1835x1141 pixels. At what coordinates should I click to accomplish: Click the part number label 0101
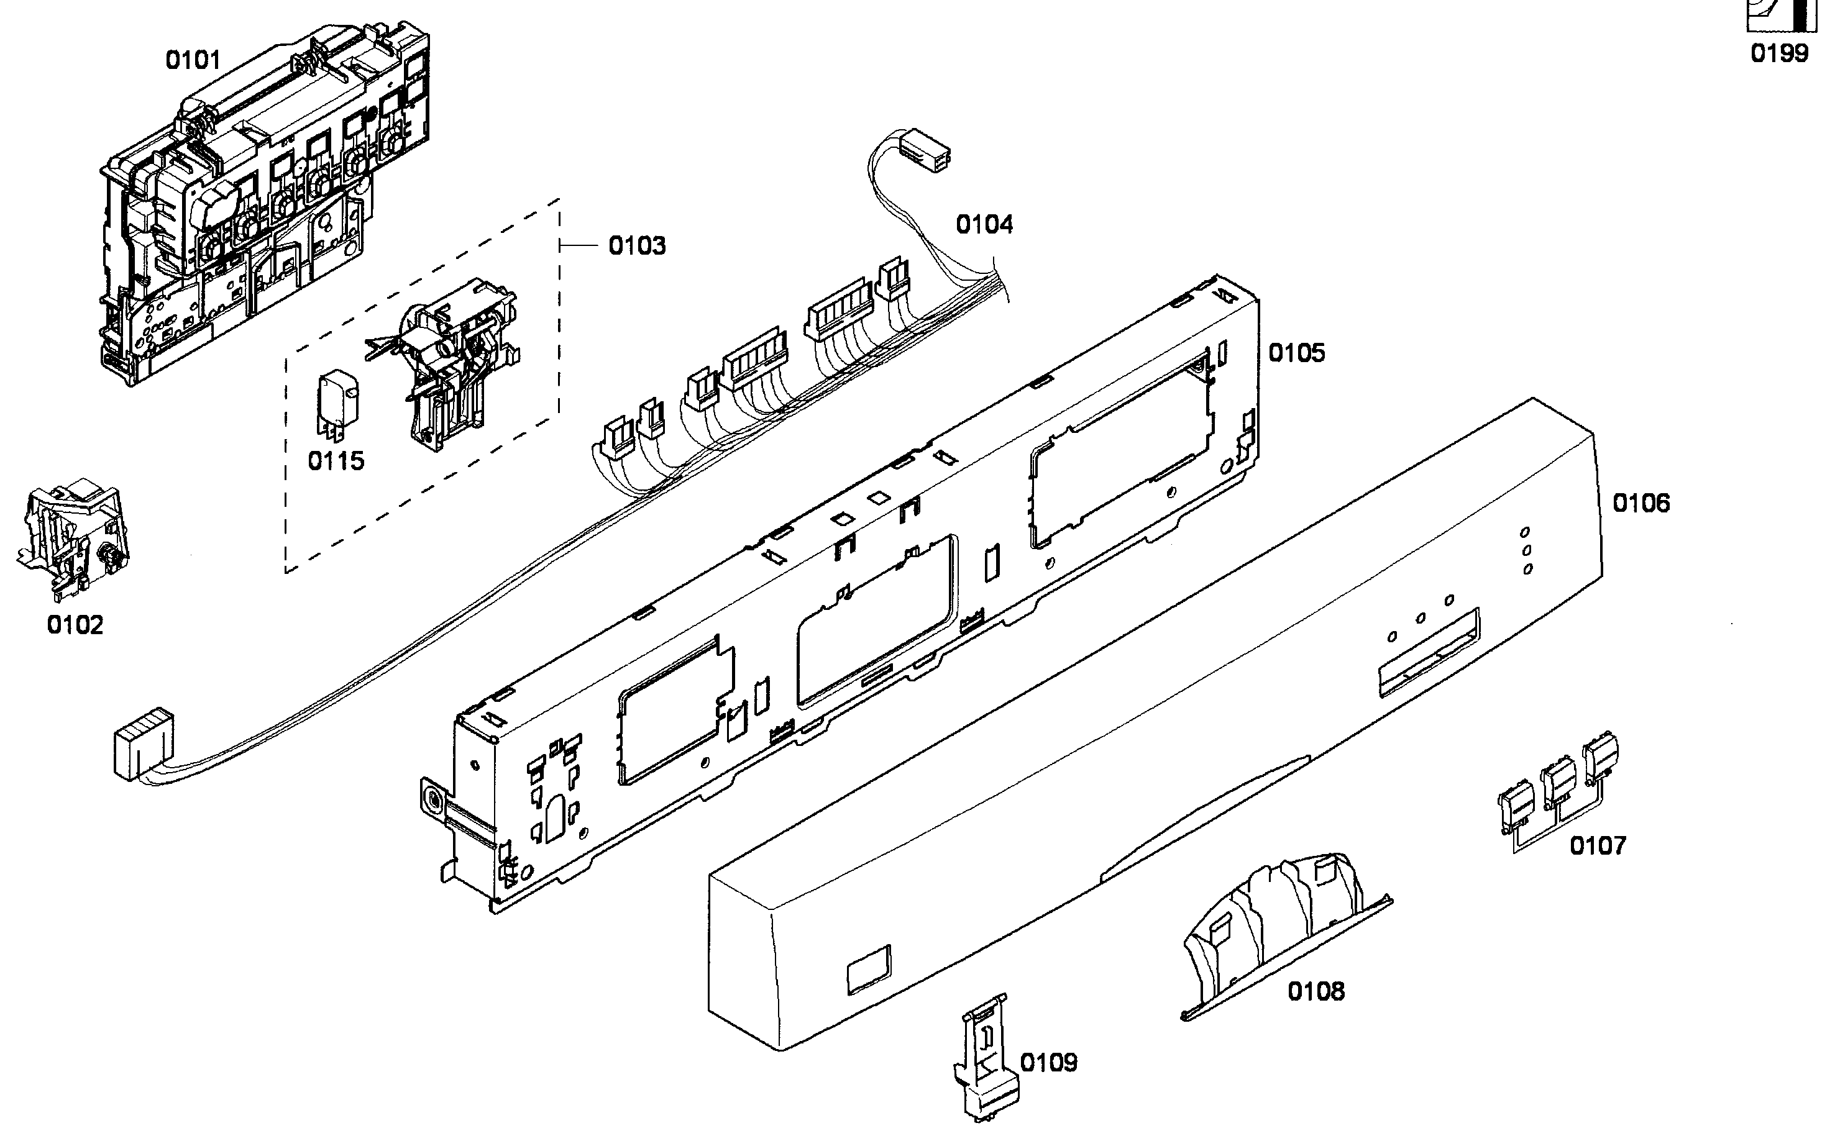tap(193, 60)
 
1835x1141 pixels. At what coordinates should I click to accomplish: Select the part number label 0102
tap(75, 625)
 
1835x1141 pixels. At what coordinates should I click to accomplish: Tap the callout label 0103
tap(637, 245)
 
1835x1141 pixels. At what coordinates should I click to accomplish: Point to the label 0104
tap(984, 224)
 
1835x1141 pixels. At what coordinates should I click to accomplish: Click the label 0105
tap(1296, 352)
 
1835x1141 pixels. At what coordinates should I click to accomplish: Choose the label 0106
tap(1641, 502)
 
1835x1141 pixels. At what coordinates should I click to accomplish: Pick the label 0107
tap(1597, 846)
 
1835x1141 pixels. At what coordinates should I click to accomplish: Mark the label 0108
tap(1316, 991)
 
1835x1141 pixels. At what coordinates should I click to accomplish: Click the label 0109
tap(1048, 1063)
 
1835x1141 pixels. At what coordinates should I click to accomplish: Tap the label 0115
tap(336, 460)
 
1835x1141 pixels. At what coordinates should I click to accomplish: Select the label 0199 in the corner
tap(1779, 53)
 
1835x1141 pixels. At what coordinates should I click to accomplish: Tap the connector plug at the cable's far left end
tap(142, 743)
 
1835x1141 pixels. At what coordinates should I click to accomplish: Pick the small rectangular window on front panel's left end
tap(869, 968)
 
